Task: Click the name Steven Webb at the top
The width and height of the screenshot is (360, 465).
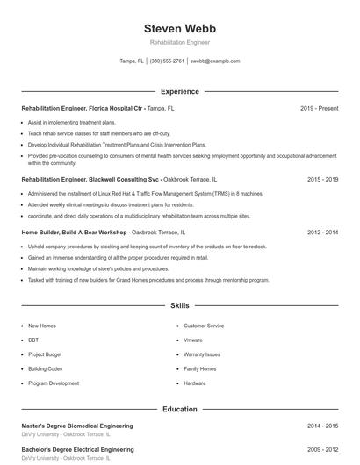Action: (x=179, y=29)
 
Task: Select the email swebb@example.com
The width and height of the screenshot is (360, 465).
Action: (x=215, y=61)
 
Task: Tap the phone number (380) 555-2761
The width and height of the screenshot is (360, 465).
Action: (x=167, y=61)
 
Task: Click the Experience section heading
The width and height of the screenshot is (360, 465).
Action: (x=179, y=91)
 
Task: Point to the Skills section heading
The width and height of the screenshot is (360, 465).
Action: (x=179, y=306)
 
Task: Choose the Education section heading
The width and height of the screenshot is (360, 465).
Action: (x=179, y=409)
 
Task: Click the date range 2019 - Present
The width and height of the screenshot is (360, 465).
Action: (x=319, y=108)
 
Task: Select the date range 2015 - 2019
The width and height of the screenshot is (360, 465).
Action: (x=322, y=179)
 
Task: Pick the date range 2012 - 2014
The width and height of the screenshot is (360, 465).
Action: (x=322, y=232)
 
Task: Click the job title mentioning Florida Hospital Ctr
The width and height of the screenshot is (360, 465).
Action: (x=83, y=108)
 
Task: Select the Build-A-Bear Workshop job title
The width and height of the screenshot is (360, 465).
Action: (x=75, y=232)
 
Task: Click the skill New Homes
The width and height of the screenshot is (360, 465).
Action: (x=42, y=325)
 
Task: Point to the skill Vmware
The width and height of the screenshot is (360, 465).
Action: (x=193, y=340)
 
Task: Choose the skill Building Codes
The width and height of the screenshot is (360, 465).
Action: (x=45, y=368)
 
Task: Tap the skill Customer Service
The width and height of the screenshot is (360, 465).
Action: (x=204, y=325)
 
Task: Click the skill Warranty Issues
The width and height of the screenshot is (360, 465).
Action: (x=202, y=354)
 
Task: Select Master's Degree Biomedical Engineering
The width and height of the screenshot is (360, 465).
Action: (x=77, y=426)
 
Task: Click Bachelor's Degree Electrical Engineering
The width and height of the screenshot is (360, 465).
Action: (x=77, y=448)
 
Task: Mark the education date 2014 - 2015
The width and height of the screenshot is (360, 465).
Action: (x=322, y=426)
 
